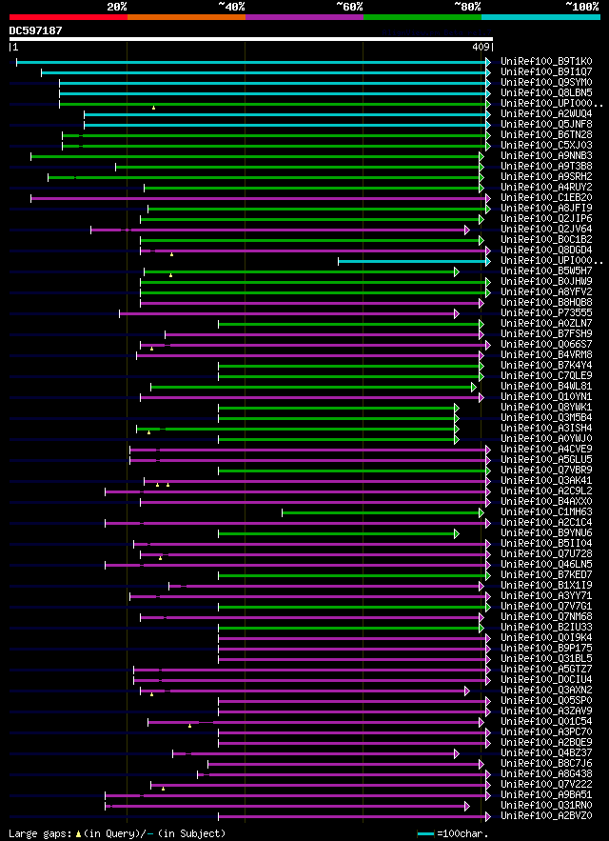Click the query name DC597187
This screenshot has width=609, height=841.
[35, 30]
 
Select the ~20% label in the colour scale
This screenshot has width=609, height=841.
[116, 7]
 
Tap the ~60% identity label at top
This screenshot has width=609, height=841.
[349, 7]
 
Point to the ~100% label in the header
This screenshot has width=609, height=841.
[582, 7]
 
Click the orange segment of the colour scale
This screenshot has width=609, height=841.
[186, 16]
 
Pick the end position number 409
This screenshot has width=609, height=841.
[481, 47]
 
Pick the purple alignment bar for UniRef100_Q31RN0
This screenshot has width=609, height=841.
[285, 806]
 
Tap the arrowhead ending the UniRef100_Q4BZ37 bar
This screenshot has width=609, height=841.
[457, 753]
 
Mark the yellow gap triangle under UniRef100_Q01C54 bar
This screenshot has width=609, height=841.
[189, 726]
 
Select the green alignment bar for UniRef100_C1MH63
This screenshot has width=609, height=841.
[381, 512]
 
